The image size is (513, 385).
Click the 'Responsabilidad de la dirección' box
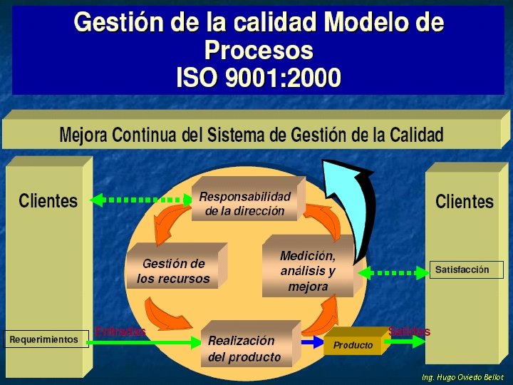pos(245,203)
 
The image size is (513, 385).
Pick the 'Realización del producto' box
pos(244,349)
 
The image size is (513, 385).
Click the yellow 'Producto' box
pos(353,345)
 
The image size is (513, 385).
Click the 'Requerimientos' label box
pos(44,339)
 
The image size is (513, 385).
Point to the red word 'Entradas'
pos(120,332)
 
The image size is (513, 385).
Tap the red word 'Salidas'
pos(409,332)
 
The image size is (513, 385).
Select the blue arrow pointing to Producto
pos(311,342)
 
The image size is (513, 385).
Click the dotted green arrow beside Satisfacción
pos(391,272)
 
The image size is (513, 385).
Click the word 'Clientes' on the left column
pos(48,200)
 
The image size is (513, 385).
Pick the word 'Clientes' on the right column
pos(464,201)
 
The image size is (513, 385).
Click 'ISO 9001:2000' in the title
pos(258,77)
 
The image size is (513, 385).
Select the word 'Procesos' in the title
pos(258,50)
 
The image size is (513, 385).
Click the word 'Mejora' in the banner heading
pos(84,134)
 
